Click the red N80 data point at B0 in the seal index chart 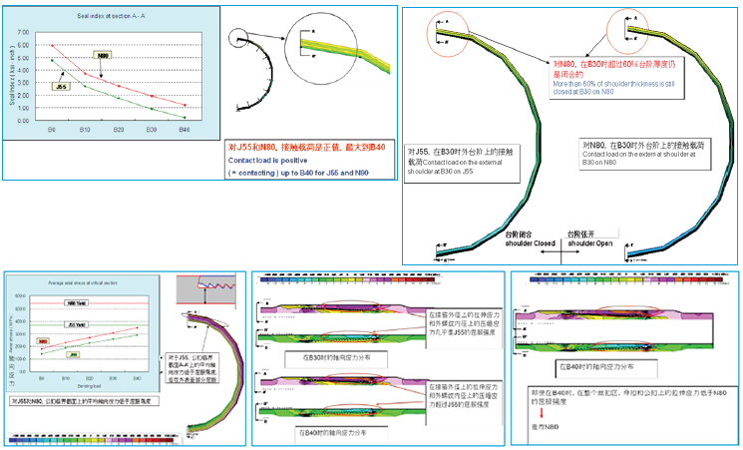pos(52,46)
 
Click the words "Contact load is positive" pos(267,159)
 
